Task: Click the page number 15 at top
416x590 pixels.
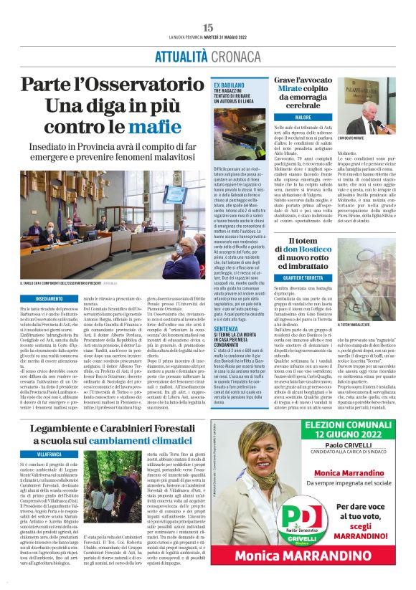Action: [x=208, y=27]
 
